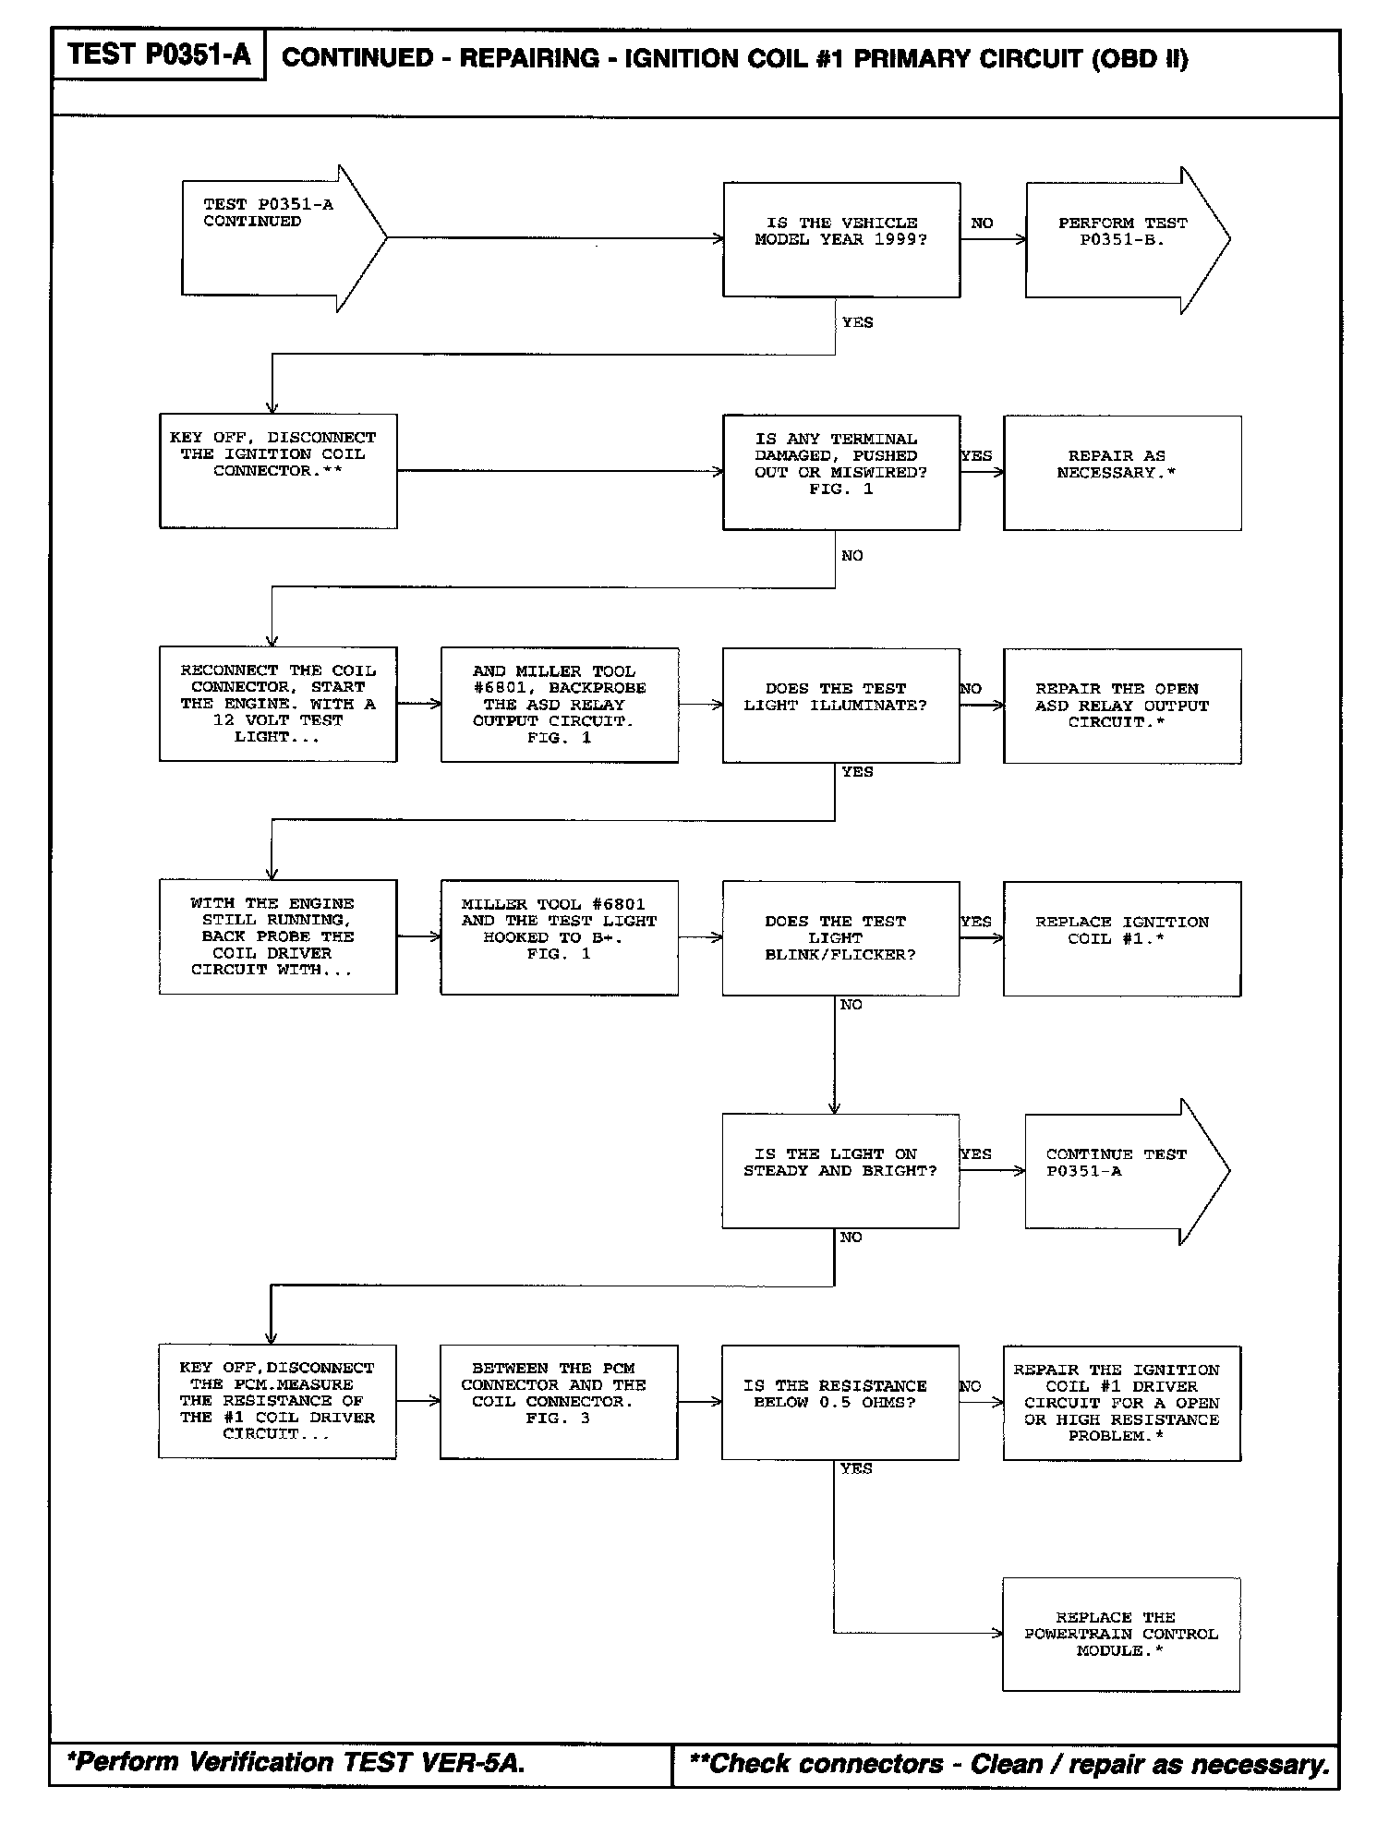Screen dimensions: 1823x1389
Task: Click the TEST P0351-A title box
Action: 158,55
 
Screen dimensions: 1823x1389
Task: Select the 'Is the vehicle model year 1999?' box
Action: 840,239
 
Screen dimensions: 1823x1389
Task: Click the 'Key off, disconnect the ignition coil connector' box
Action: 278,471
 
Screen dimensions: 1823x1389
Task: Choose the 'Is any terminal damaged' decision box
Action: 840,472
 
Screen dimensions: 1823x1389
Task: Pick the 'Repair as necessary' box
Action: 1122,472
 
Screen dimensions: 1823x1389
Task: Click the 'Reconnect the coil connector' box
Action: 278,704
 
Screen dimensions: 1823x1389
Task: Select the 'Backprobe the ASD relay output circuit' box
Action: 559,705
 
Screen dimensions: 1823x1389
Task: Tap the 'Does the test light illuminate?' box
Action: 840,705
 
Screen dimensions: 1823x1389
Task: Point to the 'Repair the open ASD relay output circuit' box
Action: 1122,706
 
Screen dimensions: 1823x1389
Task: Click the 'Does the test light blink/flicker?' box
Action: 840,937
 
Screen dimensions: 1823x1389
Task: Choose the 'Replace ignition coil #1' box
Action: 1122,937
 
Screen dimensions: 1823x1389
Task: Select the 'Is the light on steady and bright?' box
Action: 840,1170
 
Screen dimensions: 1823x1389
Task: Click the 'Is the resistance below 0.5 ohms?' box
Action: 840,1402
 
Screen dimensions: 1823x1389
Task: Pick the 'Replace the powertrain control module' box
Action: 1120,1634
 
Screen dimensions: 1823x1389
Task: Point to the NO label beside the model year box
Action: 982,223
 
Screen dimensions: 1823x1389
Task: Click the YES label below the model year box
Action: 857,322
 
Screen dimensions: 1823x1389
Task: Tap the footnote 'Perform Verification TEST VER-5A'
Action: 296,1762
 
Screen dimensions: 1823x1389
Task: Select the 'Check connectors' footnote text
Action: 1009,1763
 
